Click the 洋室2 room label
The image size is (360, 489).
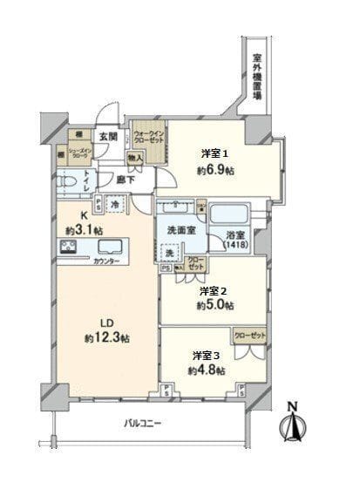(x=213, y=290)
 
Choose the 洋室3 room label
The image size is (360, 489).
(x=205, y=356)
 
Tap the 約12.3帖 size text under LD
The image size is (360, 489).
(x=106, y=337)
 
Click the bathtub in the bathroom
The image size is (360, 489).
(x=229, y=214)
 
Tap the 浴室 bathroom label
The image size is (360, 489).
(x=235, y=236)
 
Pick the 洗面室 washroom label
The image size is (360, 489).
(x=180, y=229)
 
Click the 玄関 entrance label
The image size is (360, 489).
(x=107, y=135)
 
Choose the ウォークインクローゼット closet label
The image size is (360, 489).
(x=146, y=139)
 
